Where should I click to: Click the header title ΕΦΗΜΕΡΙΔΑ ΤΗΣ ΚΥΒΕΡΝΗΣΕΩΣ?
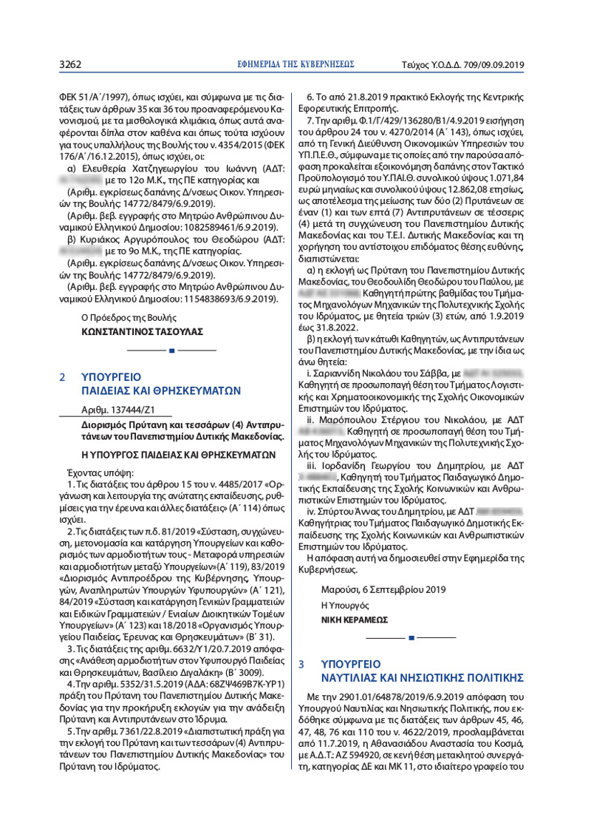coord(295,64)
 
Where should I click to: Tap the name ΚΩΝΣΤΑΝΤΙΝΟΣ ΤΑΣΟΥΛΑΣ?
coord(142,331)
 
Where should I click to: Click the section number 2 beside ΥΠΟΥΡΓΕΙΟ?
coord(64,376)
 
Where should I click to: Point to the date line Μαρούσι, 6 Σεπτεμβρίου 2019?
coord(383,589)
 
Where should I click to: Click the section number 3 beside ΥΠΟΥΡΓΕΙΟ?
coord(301,664)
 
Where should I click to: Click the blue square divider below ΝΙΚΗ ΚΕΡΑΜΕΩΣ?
coord(411,637)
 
